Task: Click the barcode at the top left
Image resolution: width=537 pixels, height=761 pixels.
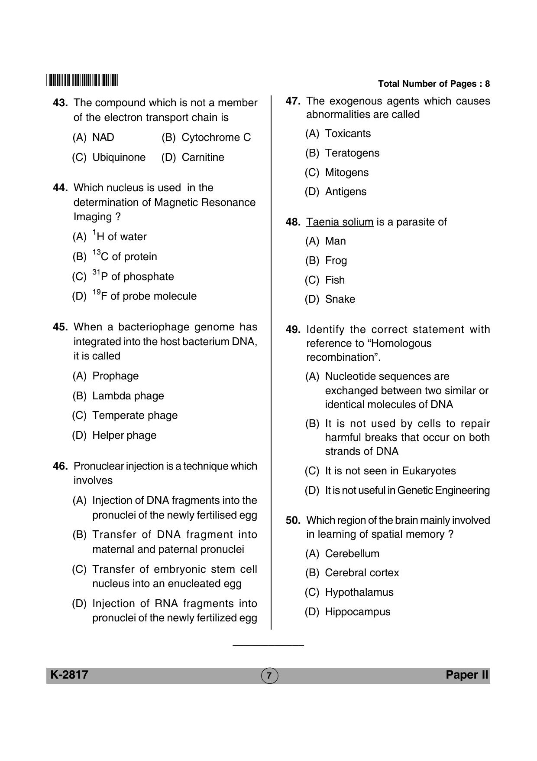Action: (x=82, y=81)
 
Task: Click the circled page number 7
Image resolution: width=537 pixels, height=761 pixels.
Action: (x=269, y=675)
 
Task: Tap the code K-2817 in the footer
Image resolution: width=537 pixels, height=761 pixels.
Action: (x=69, y=675)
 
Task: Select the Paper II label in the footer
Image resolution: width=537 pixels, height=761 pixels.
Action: (x=467, y=675)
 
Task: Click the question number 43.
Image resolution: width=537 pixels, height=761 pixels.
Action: (x=60, y=103)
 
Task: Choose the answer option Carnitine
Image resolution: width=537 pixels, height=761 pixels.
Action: (x=203, y=157)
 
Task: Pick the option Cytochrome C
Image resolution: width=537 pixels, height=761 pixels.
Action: (x=216, y=137)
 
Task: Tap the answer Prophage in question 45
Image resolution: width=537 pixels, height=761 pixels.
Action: (x=115, y=376)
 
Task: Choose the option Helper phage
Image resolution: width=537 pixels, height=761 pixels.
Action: (x=124, y=435)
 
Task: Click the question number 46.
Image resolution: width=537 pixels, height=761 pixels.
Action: (x=60, y=467)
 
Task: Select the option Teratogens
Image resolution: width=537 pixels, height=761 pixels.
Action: (x=352, y=153)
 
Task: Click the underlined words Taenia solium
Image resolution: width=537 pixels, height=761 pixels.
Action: (x=340, y=222)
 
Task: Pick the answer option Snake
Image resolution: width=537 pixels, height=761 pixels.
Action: (x=340, y=299)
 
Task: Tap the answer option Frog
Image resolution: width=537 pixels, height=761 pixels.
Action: (x=336, y=261)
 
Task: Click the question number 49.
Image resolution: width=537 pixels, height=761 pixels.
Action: (x=293, y=330)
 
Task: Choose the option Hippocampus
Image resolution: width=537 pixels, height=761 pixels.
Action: (x=357, y=612)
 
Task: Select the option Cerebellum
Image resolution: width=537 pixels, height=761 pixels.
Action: (x=352, y=554)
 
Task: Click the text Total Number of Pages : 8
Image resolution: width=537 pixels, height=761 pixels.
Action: (x=433, y=84)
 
